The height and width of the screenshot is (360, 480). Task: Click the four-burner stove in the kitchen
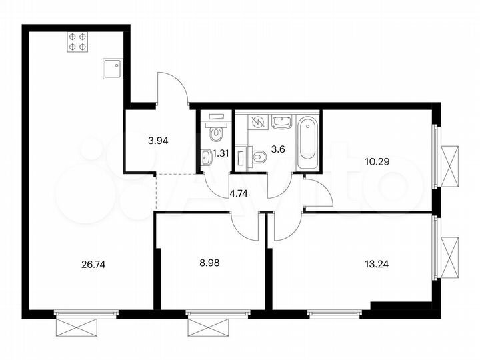77,42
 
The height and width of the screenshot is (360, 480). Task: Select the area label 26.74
92,263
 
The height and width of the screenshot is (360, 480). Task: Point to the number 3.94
159,140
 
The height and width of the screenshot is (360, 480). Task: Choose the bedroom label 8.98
210,263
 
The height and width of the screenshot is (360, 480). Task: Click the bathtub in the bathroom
307,142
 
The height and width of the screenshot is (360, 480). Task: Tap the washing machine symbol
257,123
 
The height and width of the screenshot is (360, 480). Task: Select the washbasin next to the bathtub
282,123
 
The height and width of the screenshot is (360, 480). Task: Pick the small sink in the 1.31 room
207,157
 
